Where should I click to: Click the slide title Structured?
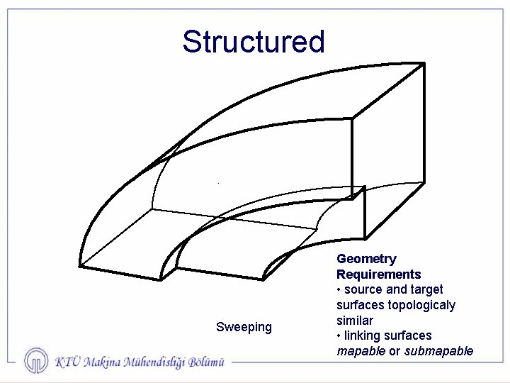tap(253, 42)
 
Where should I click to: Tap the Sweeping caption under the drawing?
tap(244, 327)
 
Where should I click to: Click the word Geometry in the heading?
tap(366, 259)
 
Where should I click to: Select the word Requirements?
tap(378, 274)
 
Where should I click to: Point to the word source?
tap(363, 289)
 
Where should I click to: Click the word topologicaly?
tap(421, 305)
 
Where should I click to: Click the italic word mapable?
tap(361, 351)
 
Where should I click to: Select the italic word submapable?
tap(438, 351)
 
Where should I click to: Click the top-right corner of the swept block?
tap(424, 64)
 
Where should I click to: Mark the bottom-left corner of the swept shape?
tap(79, 267)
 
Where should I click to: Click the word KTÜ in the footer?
tap(67, 362)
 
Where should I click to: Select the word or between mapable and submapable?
tap(395, 351)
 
